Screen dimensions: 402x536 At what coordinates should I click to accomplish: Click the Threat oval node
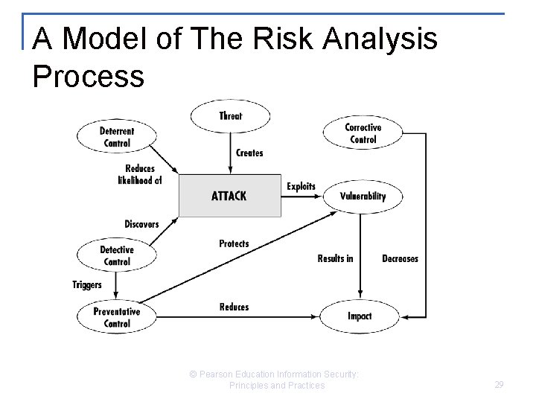[231, 116]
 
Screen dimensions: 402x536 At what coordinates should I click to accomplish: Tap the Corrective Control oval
[363, 133]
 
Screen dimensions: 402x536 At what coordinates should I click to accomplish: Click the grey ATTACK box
[229, 197]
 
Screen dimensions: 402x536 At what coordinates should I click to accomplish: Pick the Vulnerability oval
[363, 197]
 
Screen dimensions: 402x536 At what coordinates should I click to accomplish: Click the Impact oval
[360, 316]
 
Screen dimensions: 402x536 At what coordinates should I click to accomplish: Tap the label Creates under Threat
[249, 153]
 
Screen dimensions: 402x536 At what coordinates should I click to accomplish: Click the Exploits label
[301, 186]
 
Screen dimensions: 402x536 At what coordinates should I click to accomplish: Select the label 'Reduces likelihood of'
[139, 174]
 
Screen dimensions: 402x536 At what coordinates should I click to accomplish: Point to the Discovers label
[141, 224]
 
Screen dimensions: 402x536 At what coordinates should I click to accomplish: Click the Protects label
[234, 243]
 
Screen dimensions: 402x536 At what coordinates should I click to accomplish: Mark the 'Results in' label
[335, 258]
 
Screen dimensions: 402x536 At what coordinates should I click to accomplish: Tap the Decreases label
[400, 258]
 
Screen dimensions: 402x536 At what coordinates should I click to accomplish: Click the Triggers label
[86, 284]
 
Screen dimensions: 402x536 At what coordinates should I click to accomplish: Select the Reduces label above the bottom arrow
[234, 307]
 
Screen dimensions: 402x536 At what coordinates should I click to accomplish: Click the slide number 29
[499, 385]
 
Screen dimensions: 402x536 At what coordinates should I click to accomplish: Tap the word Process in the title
[89, 76]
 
